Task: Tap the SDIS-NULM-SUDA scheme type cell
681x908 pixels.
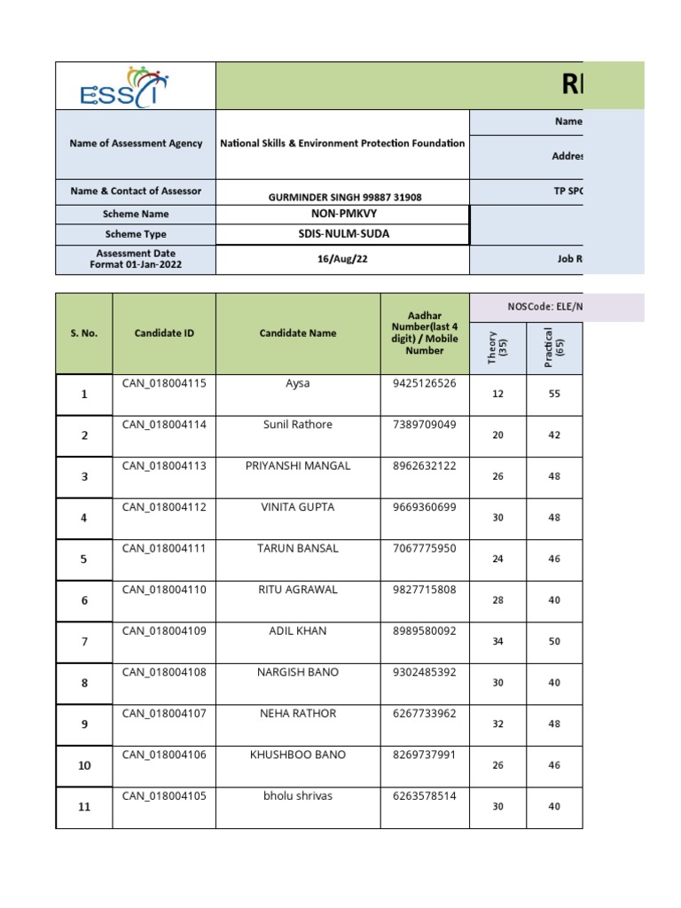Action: [x=342, y=234]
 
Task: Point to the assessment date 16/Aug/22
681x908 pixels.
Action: [x=342, y=259]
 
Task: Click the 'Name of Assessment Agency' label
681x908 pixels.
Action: [x=136, y=143]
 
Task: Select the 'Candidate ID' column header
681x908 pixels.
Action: [x=164, y=333]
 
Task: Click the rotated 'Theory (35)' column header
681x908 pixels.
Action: [x=497, y=346]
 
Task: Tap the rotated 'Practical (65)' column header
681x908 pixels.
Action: [x=554, y=346]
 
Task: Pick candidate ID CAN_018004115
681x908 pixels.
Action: [x=164, y=383]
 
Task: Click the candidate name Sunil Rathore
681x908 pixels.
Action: [x=298, y=425]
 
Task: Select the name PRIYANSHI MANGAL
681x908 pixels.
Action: [x=298, y=466]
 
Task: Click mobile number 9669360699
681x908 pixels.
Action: [x=424, y=507]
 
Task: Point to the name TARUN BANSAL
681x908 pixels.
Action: [x=298, y=548]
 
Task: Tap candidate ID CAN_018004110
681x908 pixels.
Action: [x=164, y=590]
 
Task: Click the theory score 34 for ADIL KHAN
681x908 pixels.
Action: [x=497, y=642]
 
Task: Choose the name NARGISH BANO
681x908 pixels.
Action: [x=298, y=672]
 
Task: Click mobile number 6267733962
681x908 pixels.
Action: [x=424, y=713]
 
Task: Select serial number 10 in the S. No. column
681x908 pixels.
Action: [x=84, y=765]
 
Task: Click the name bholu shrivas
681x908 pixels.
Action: [x=298, y=795]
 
